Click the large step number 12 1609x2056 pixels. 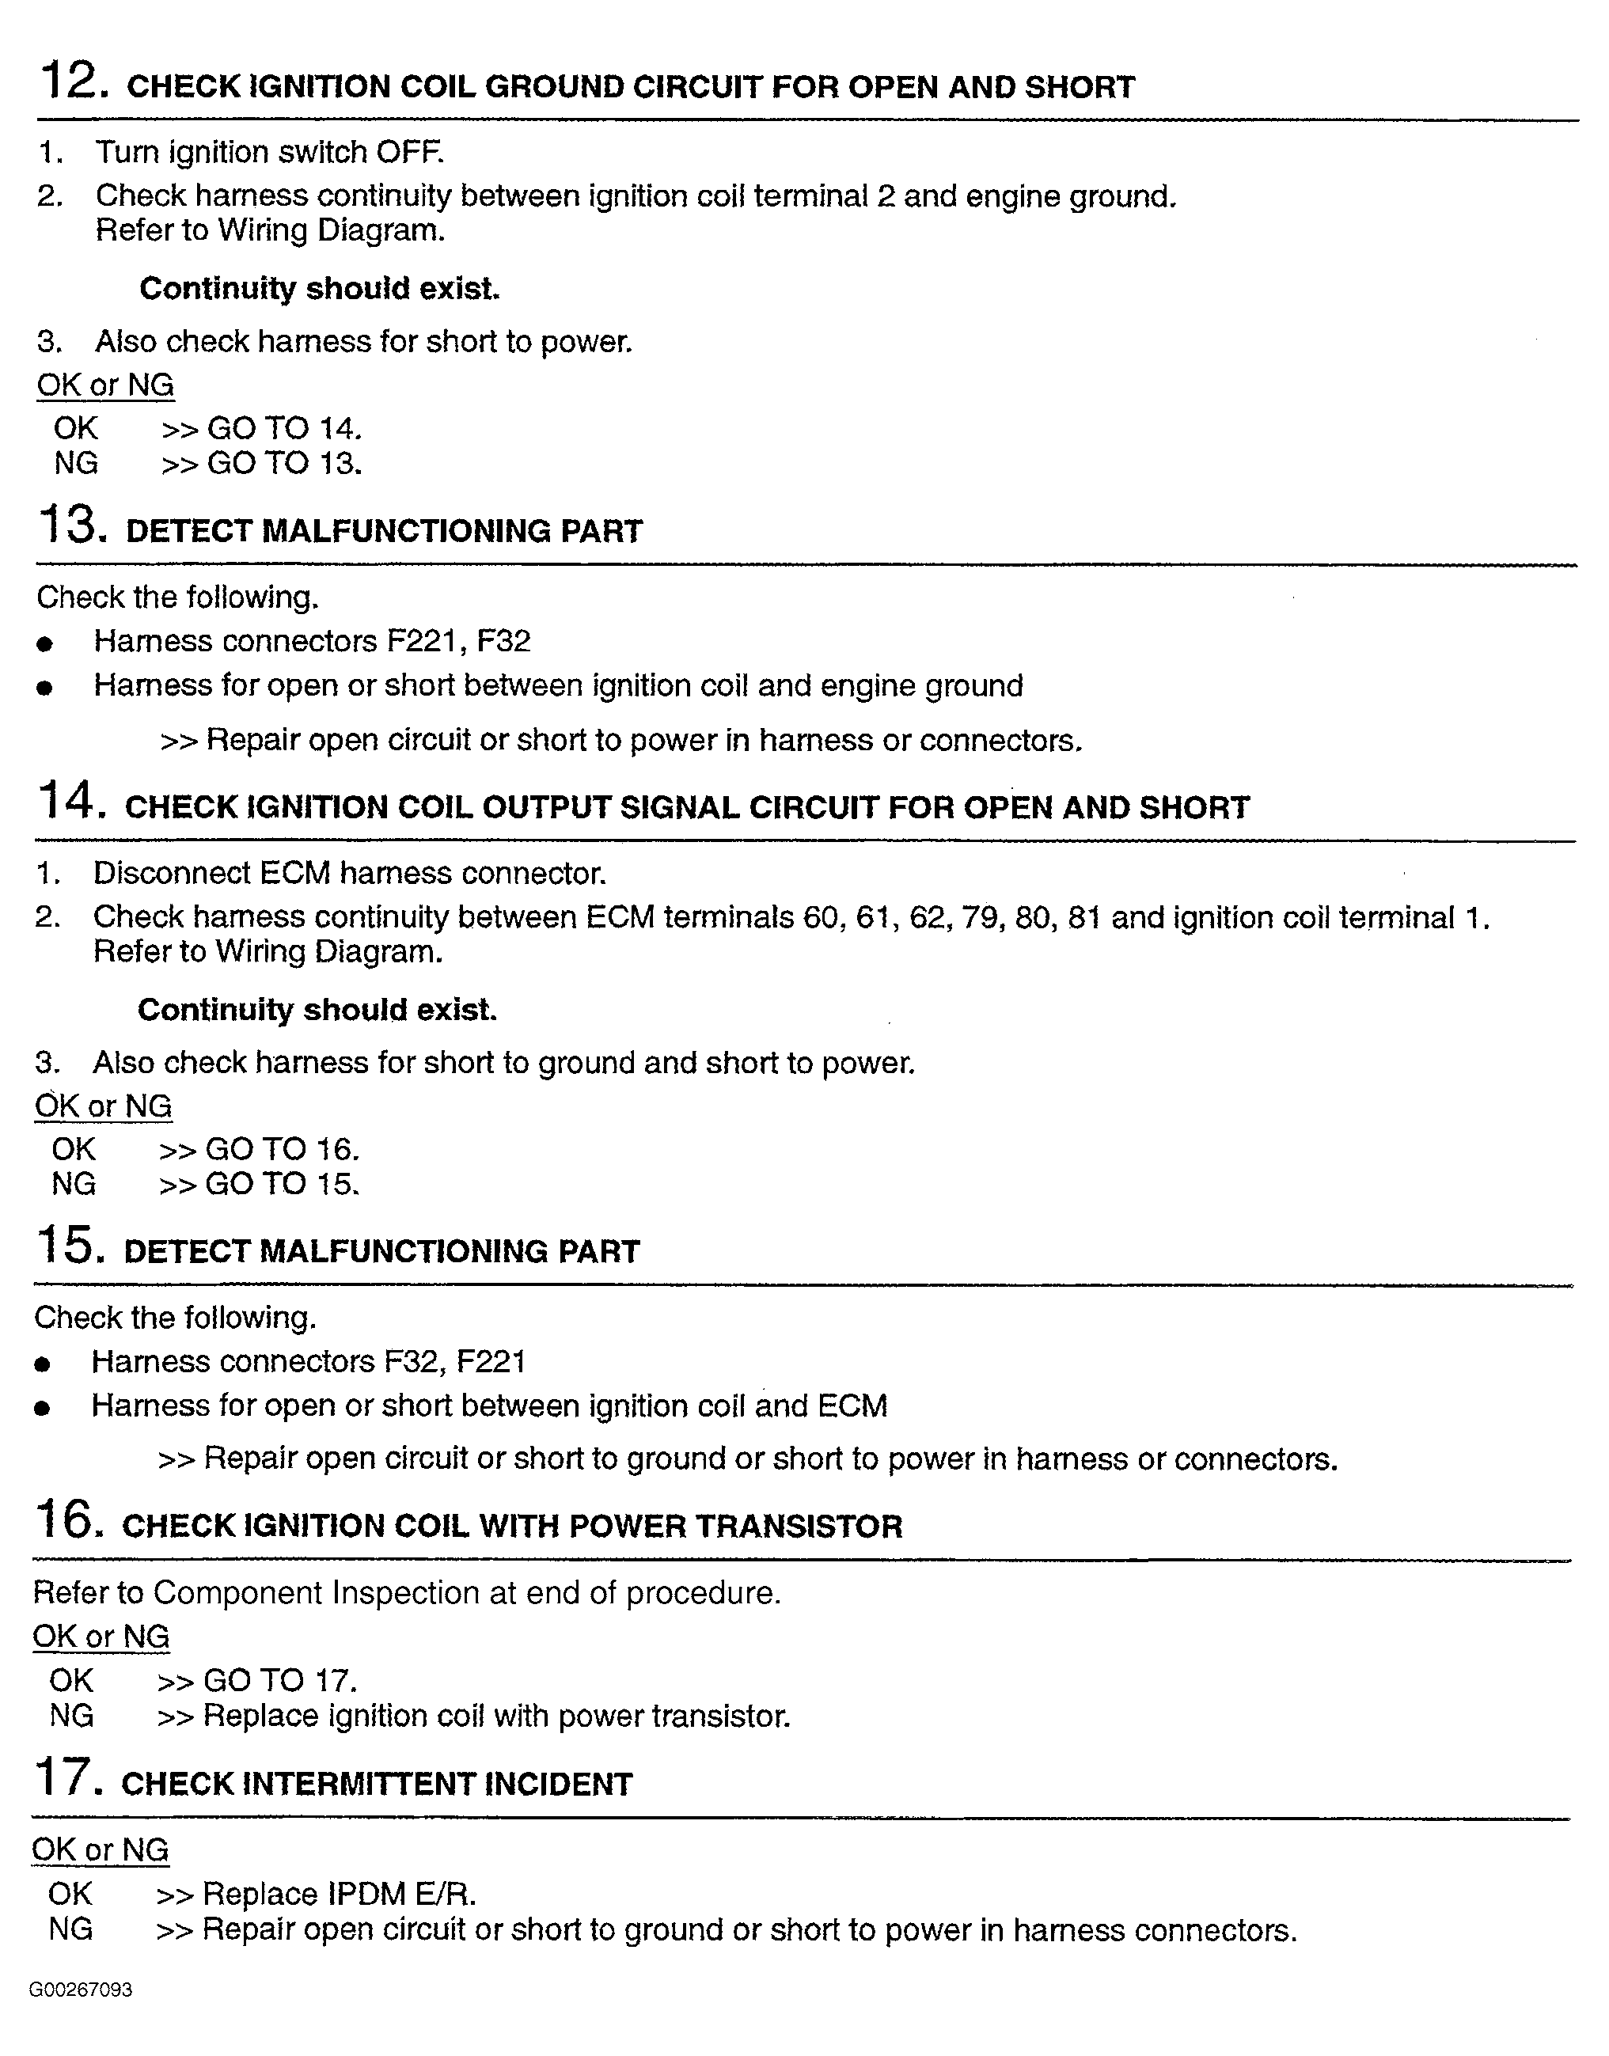pyautogui.click(x=68, y=80)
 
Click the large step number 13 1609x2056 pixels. pyautogui.click(x=68, y=525)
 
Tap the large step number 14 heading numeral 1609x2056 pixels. pyautogui.click(x=66, y=802)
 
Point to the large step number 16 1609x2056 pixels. pyautogui.click(x=64, y=1520)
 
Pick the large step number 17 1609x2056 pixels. pyautogui.click(x=63, y=1778)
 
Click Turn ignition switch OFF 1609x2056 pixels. pyautogui.click(x=269, y=152)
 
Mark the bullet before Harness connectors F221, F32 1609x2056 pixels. pyautogui.click(x=44, y=644)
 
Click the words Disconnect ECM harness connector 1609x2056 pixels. pyautogui.click(x=348, y=873)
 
